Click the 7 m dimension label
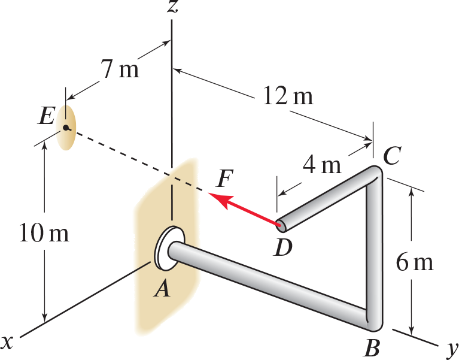pos(119,70)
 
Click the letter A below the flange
pos(162,289)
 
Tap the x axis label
pos(8,341)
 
